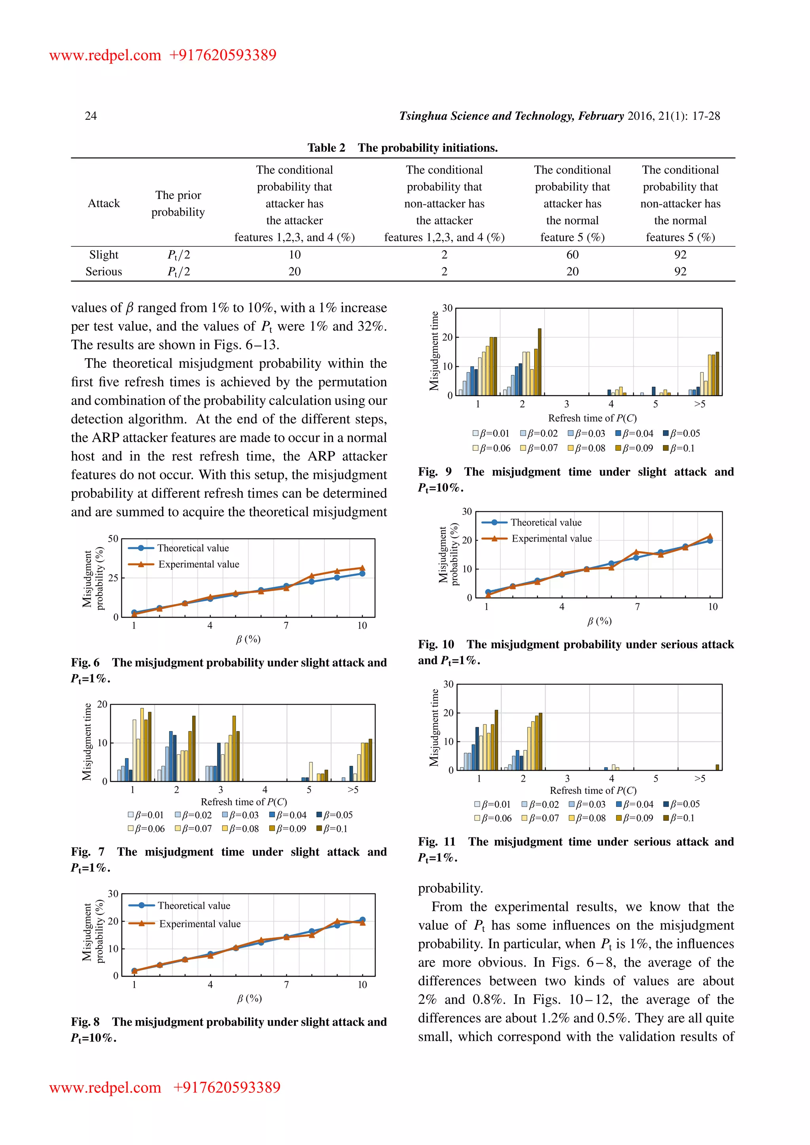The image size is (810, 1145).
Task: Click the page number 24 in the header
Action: [x=91, y=116]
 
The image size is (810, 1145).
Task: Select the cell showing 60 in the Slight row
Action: [x=572, y=255]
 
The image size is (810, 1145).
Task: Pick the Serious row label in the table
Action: [x=104, y=272]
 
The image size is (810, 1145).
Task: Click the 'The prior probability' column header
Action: [x=178, y=204]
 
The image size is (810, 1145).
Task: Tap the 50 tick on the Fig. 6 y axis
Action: [x=113, y=538]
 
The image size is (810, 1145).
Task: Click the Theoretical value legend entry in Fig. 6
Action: [x=193, y=548]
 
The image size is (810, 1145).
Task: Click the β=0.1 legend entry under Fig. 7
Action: [x=332, y=829]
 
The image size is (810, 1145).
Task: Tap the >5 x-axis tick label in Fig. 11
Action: [x=700, y=778]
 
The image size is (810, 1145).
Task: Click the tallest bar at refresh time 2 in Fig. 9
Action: [x=539, y=361]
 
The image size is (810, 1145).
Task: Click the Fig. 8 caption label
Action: [x=85, y=1022]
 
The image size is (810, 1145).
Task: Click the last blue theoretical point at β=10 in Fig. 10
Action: [x=710, y=540]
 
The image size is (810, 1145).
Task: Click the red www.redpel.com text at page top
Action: [x=105, y=55]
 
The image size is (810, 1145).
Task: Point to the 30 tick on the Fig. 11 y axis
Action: [x=449, y=684]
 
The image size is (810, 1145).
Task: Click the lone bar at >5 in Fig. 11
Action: [x=717, y=767]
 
